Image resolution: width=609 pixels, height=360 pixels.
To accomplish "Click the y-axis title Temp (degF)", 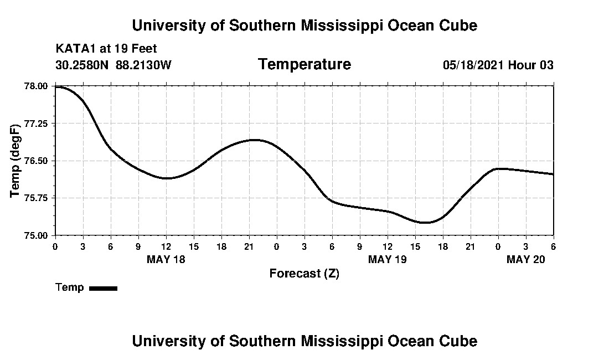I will point(17,161).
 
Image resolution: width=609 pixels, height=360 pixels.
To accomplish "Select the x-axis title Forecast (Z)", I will point(304,274).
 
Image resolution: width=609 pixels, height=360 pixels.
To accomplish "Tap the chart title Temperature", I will point(304,64).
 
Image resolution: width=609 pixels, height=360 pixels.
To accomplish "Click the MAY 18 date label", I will point(166,259).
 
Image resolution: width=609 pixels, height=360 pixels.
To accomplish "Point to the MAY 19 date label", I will point(388,259).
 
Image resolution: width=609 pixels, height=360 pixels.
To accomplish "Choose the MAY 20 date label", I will point(526,259).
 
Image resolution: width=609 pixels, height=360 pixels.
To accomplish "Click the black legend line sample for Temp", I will point(103,288).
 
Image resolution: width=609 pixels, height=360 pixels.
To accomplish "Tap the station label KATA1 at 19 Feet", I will point(106,49).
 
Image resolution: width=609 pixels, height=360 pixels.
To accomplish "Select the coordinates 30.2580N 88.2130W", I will point(113,65).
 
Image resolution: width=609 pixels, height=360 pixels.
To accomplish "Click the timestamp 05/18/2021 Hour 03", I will point(498,65).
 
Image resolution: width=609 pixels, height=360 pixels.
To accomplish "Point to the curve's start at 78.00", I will point(56,86).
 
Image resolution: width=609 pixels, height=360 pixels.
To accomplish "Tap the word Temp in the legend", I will point(70,287).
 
